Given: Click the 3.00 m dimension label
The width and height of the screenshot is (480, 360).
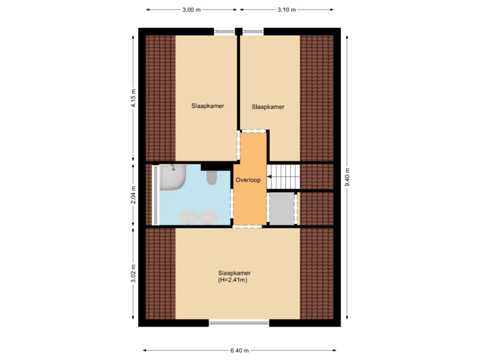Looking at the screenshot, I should click(191, 10).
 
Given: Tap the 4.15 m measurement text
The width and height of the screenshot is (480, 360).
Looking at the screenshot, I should click(133, 98).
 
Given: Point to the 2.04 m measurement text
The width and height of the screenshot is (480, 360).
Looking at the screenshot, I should click(133, 195).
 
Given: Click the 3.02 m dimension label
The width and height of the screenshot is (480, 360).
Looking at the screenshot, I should click(133, 275).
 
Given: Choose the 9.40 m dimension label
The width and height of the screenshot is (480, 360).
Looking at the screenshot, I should click(347, 177).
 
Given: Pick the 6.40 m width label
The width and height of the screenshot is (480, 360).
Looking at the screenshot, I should click(239, 351).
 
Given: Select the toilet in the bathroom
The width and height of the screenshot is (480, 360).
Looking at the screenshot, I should click(212, 177).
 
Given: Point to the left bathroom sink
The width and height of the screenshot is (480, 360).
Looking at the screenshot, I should click(189, 216).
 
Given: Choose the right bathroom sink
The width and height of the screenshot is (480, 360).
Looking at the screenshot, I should click(209, 216).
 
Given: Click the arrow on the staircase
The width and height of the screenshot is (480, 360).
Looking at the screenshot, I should click(271, 177).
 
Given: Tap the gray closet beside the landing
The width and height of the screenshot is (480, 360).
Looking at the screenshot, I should click(283, 209).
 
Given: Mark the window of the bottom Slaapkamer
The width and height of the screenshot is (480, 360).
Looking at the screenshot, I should click(239, 323).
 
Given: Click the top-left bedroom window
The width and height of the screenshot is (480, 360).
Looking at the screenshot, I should click(225, 30).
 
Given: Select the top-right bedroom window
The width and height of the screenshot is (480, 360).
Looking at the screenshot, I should click(253, 30).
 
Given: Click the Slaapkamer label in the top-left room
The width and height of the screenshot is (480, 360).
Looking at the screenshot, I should click(207, 105).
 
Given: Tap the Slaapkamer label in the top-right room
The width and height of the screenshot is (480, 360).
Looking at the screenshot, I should click(268, 107).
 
